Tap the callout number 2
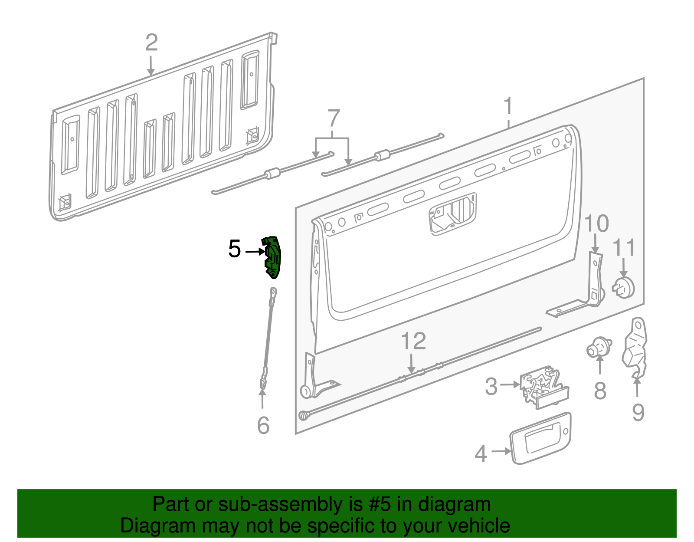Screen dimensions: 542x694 tap(151, 43)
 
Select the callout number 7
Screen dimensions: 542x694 tap(333, 118)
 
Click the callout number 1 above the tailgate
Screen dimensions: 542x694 tap(508, 106)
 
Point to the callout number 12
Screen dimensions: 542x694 tap(413, 341)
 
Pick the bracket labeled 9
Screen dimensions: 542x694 tap(635, 347)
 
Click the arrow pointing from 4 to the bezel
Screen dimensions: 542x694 tap(501, 451)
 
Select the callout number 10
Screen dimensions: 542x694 tap(596, 223)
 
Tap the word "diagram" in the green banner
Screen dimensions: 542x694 tap(454, 505)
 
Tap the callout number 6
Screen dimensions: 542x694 tap(263, 425)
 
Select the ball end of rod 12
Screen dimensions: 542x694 tap(303, 416)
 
